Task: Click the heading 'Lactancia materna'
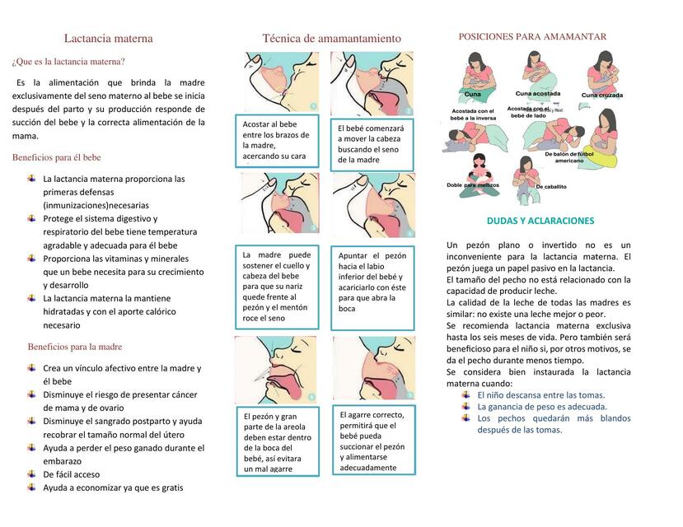pos(108,38)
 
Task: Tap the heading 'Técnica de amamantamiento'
pos(332,38)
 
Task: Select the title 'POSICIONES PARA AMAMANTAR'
pos(532,36)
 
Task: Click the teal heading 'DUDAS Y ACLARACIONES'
pos(540,221)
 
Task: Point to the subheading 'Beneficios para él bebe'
pos(56,157)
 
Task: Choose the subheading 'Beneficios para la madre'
pos(75,347)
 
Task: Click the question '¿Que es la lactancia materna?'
pos(68,61)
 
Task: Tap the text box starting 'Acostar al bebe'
pos(276,140)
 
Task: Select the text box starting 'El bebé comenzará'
pos(371,144)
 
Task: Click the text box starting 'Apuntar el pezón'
pos(372,282)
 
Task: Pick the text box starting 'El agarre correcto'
pos(372,441)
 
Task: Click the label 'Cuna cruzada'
pos(601,95)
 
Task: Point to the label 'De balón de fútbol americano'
pos(568,156)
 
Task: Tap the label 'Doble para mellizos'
pos(472,185)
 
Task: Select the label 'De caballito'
pos(551,187)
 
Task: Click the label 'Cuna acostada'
pos(538,94)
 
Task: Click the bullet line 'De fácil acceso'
pos(72,474)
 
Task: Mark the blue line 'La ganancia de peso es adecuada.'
pos(541,406)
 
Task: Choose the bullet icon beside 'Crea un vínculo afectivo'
pos(31,367)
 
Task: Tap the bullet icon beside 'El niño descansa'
pos(466,394)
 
